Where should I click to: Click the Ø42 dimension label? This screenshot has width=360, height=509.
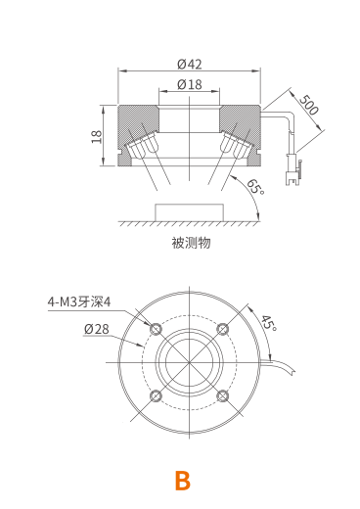click(190, 64)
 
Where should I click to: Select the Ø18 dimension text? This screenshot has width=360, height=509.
click(190, 84)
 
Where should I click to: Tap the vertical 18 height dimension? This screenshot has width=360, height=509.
click(97, 136)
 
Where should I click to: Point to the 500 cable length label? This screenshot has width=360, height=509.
click(308, 105)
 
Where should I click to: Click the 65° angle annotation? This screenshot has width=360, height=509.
click(255, 187)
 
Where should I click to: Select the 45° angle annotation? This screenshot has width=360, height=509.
click(269, 323)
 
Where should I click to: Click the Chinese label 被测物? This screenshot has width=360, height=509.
click(191, 243)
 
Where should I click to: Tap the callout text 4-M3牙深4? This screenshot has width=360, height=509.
click(79, 301)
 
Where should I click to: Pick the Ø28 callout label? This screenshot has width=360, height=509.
click(97, 329)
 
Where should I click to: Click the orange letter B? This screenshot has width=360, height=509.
click(183, 481)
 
